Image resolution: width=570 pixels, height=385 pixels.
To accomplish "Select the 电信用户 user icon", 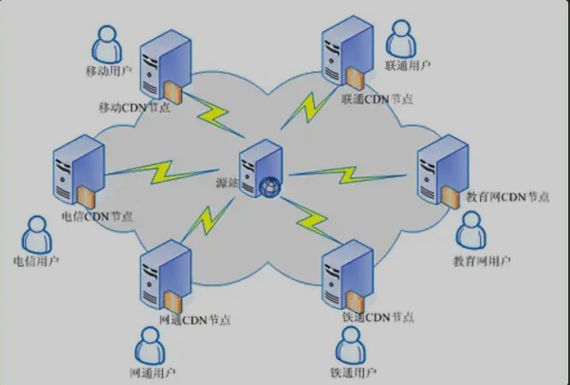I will tap(37, 233).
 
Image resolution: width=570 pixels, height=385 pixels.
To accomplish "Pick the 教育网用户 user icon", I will tap(473, 231).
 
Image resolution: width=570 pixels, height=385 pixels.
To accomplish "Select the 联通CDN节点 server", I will tap(348, 53).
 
